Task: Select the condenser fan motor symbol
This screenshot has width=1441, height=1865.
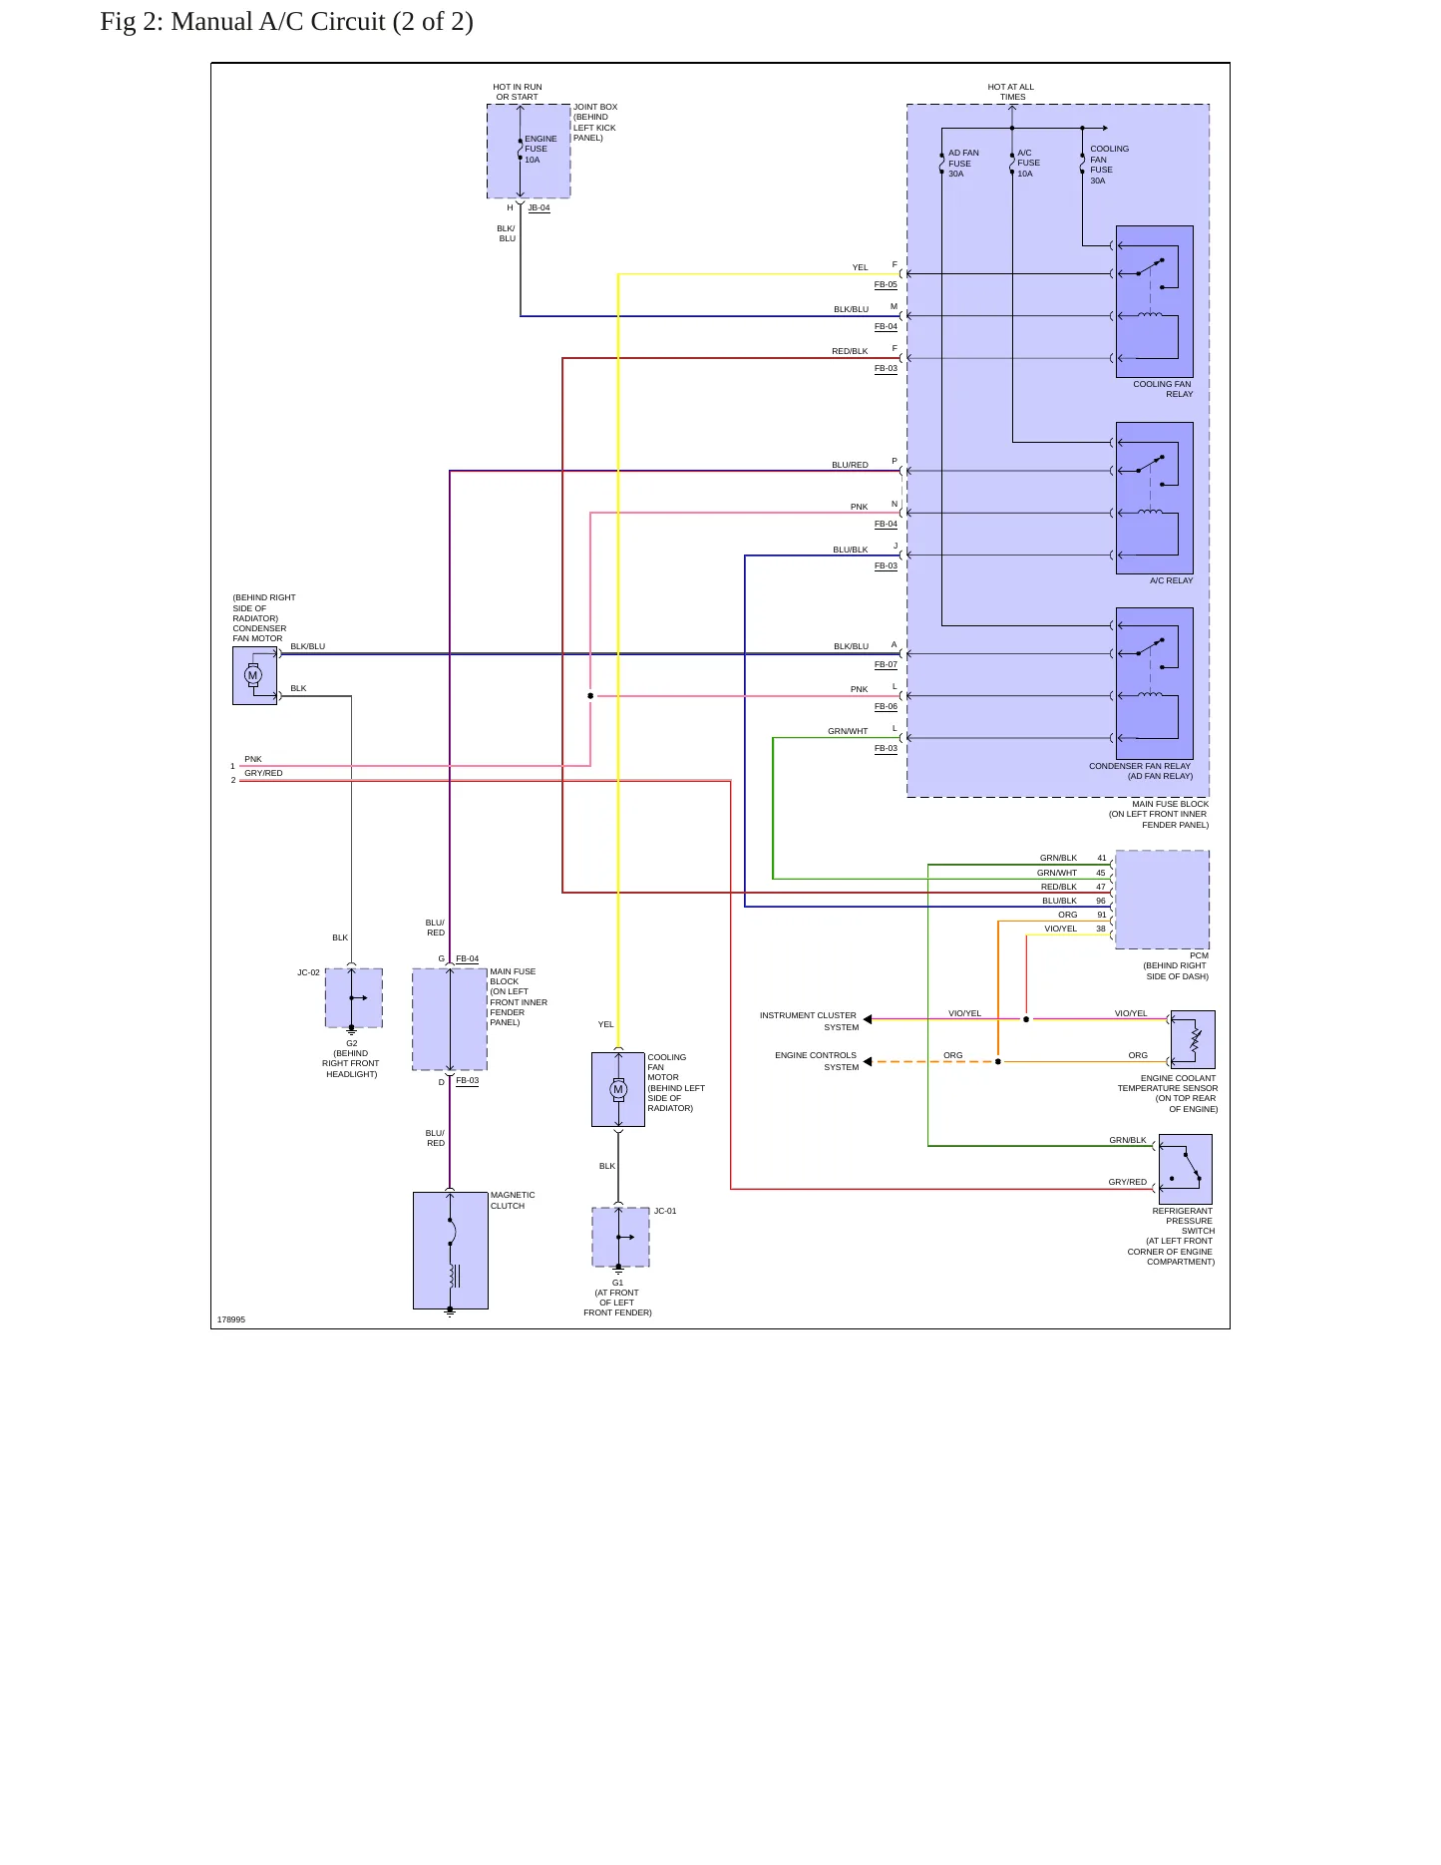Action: click(254, 675)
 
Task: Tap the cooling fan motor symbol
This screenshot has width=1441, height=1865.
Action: click(618, 1089)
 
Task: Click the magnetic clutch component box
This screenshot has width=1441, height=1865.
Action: click(451, 1251)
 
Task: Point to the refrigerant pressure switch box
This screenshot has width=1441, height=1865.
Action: click(1186, 1169)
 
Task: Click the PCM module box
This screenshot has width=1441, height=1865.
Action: click(1163, 900)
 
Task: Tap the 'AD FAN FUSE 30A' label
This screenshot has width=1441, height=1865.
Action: click(963, 164)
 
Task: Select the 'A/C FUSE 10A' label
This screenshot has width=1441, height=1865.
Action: click(1028, 164)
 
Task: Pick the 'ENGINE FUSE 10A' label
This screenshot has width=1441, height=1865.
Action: click(540, 150)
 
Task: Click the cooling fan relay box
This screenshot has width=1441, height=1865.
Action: click(1155, 301)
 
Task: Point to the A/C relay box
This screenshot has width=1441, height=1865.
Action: click(1155, 498)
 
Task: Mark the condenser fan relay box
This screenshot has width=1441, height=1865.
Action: click(1155, 683)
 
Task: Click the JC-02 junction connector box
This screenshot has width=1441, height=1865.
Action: click(354, 997)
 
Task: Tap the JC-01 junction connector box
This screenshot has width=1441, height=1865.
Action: click(620, 1237)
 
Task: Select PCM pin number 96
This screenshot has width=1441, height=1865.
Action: click(1101, 901)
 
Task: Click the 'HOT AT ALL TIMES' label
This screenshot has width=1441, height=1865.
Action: click(1011, 92)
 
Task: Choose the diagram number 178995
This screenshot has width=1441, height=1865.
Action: click(231, 1319)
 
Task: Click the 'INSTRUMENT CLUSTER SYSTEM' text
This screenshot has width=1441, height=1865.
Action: click(809, 1021)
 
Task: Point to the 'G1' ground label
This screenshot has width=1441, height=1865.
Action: click(617, 1283)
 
